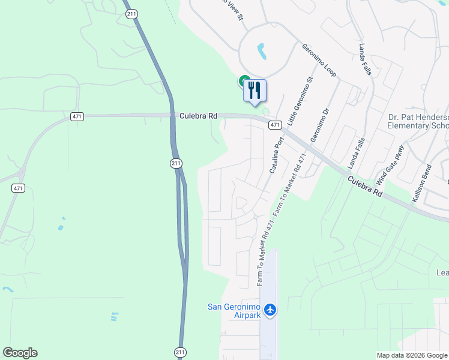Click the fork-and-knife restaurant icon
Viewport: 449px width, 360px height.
coord(255,91)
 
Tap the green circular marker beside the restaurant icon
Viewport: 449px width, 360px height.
coord(244,80)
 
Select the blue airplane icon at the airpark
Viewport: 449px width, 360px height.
coord(270,310)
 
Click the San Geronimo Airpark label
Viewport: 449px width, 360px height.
coord(234,311)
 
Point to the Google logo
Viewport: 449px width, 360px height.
coord(20,353)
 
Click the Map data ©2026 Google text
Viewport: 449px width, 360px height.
coord(412,355)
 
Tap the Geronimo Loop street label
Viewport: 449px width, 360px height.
coord(319,60)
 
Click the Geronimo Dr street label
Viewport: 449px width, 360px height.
coord(321,125)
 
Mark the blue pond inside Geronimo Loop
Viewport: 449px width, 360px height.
coord(262,52)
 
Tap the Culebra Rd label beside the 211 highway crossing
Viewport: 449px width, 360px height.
coord(197,116)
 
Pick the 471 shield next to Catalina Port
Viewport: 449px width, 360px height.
coord(274,125)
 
